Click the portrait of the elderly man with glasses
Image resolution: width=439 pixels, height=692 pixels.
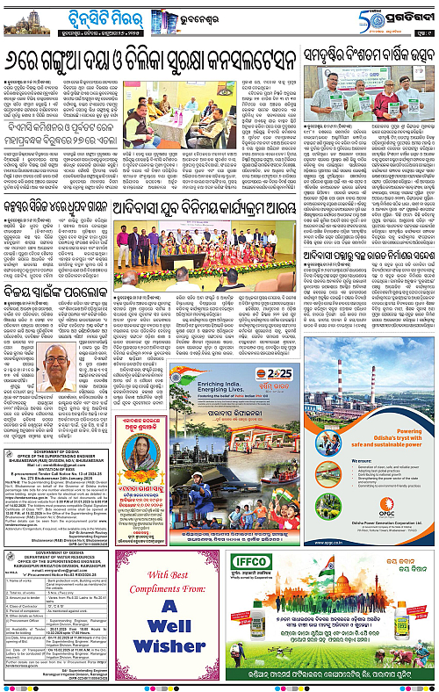[x=57, y=373]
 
